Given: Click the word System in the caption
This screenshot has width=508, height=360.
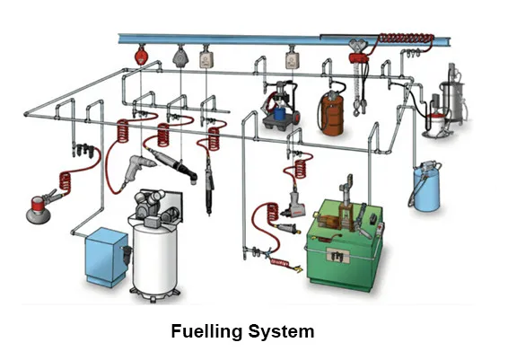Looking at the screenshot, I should coord(281,332).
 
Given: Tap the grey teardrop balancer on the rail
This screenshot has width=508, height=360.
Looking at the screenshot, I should coord(179,57).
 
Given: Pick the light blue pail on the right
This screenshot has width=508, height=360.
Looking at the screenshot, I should coord(424,189).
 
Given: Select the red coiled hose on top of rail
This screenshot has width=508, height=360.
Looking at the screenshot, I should coord(409,39).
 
